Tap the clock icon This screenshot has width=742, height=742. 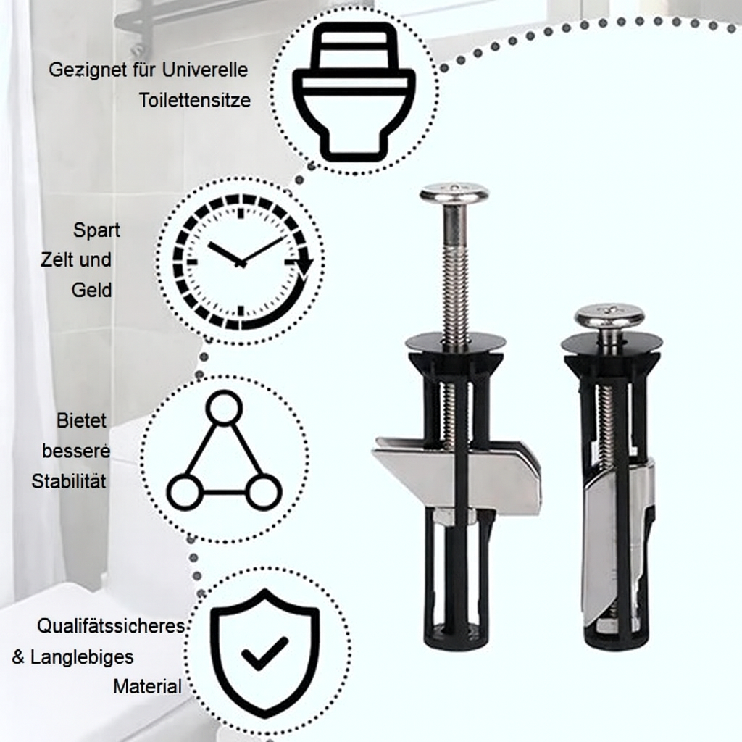241,261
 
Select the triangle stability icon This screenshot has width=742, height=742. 223,457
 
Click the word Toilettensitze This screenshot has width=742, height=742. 195,100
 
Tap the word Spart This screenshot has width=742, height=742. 96,230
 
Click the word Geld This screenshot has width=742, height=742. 92,291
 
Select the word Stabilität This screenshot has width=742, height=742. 69,481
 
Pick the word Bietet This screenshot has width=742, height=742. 81,421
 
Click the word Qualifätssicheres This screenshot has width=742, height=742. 111,626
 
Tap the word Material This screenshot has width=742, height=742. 147,686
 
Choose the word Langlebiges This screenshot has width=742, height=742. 82,657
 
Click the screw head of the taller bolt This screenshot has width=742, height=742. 454,193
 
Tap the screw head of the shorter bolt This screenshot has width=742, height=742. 609,316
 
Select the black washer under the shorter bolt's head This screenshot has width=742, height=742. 612,341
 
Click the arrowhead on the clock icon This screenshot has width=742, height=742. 305,267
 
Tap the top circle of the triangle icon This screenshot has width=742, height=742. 223,408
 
